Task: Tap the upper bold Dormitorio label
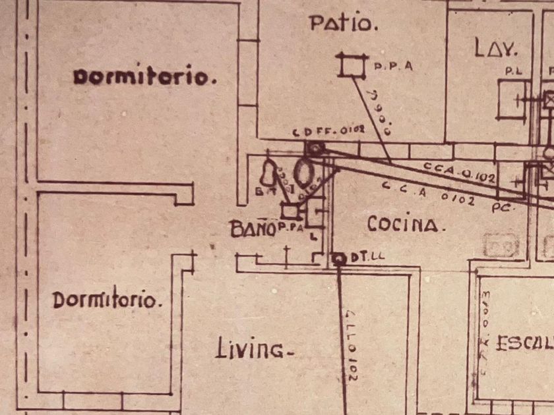click(x=144, y=76)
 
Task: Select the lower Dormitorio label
click(x=107, y=300)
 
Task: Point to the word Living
click(x=255, y=349)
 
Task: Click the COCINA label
click(x=402, y=225)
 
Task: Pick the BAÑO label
click(x=252, y=229)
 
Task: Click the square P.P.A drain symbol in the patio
click(x=352, y=65)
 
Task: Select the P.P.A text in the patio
click(x=393, y=67)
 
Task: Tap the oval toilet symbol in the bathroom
click(x=304, y=173)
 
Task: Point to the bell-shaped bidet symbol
click(x=268, y=174)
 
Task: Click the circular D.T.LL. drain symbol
click(x=340, y=259)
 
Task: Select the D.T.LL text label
click(x=367, y=258)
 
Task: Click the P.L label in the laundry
click(x=512, y=70)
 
